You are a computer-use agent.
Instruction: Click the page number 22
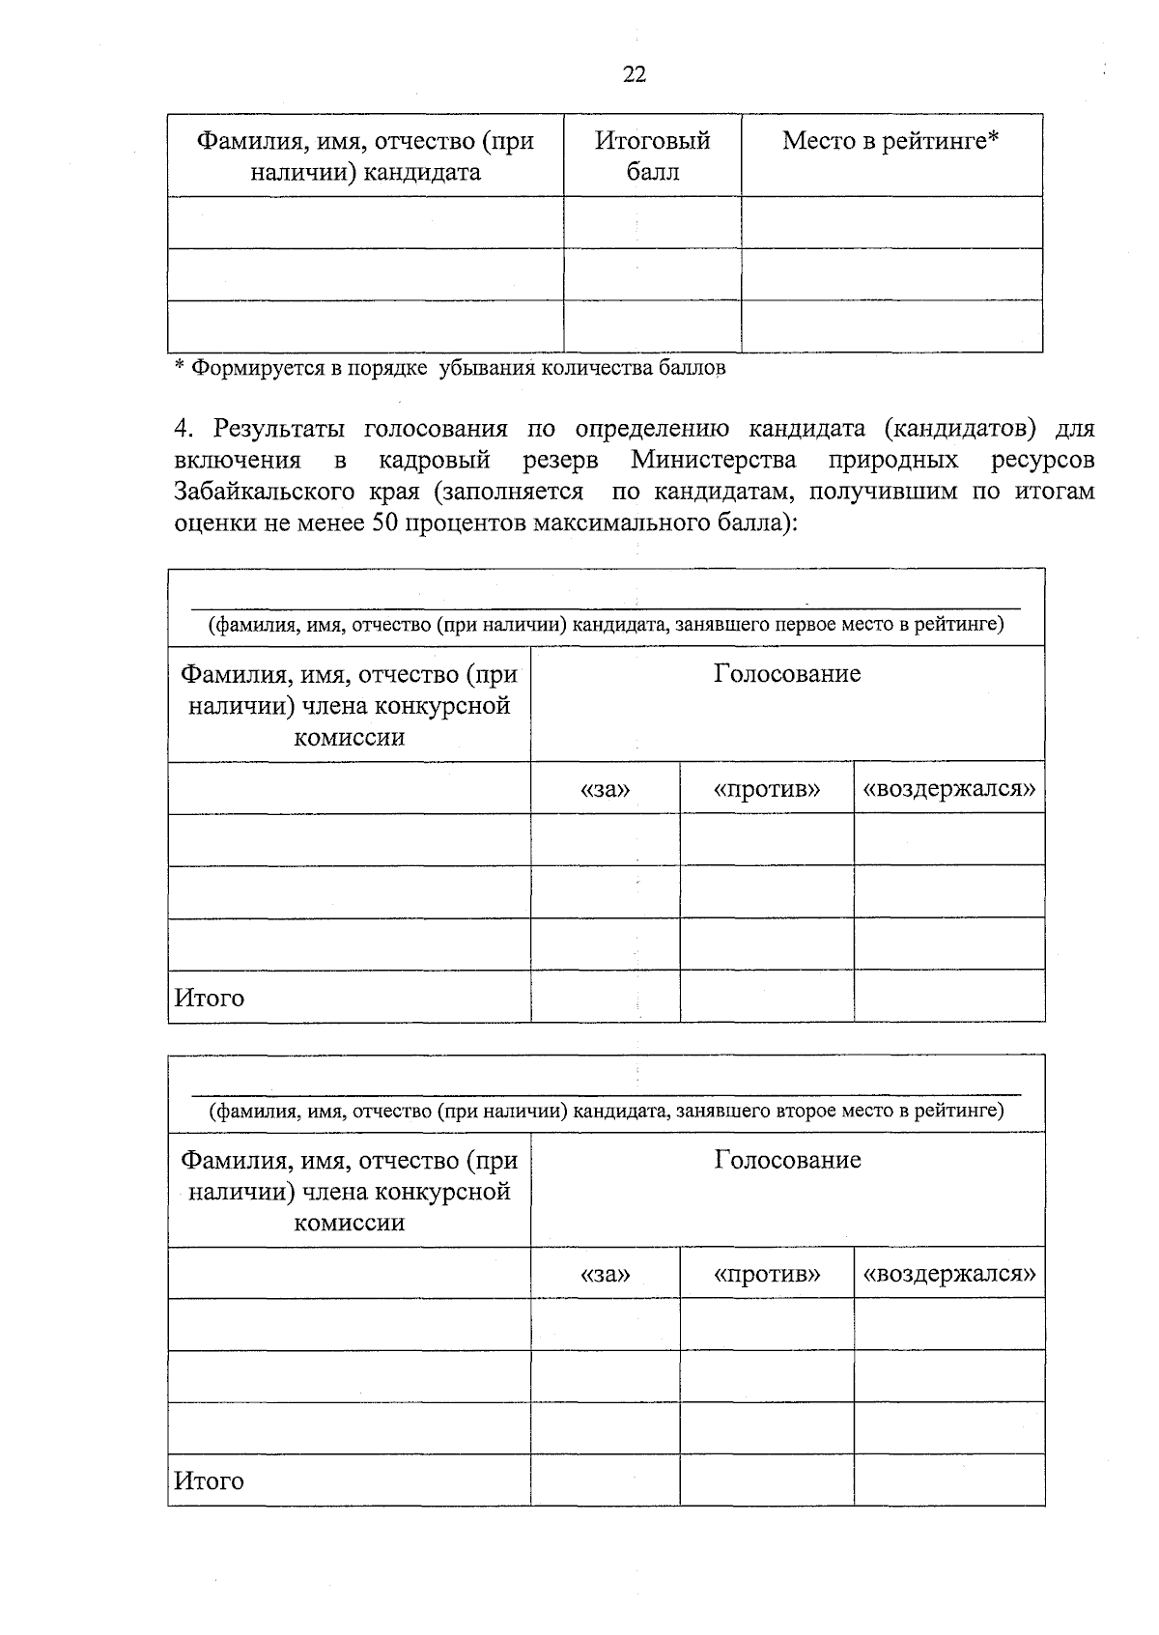[635, 75]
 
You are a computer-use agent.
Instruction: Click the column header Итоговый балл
[652, 155]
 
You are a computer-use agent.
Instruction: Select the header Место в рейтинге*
[890, 141]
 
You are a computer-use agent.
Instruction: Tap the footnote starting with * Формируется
[449, 368]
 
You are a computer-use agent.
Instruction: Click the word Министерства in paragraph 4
[714, 459]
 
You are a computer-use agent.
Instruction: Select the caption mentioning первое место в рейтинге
[607, 625]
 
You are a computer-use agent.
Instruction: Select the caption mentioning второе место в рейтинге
[607, 1111]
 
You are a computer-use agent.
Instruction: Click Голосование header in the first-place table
[787, 673]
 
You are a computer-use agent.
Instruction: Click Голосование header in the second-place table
[787, 1159]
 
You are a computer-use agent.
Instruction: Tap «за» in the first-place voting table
[605, 789]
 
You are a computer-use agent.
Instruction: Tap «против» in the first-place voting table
[767, 789]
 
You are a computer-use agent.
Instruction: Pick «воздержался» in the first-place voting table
[949, 789]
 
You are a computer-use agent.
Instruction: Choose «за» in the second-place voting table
[605, 1274]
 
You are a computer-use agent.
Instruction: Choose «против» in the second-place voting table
[767, 1274]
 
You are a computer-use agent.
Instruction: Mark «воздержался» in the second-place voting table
[949, 1274]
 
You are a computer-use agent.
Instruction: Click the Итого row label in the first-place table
[209, 998]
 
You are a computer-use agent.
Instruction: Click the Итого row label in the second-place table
[209, 1480]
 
